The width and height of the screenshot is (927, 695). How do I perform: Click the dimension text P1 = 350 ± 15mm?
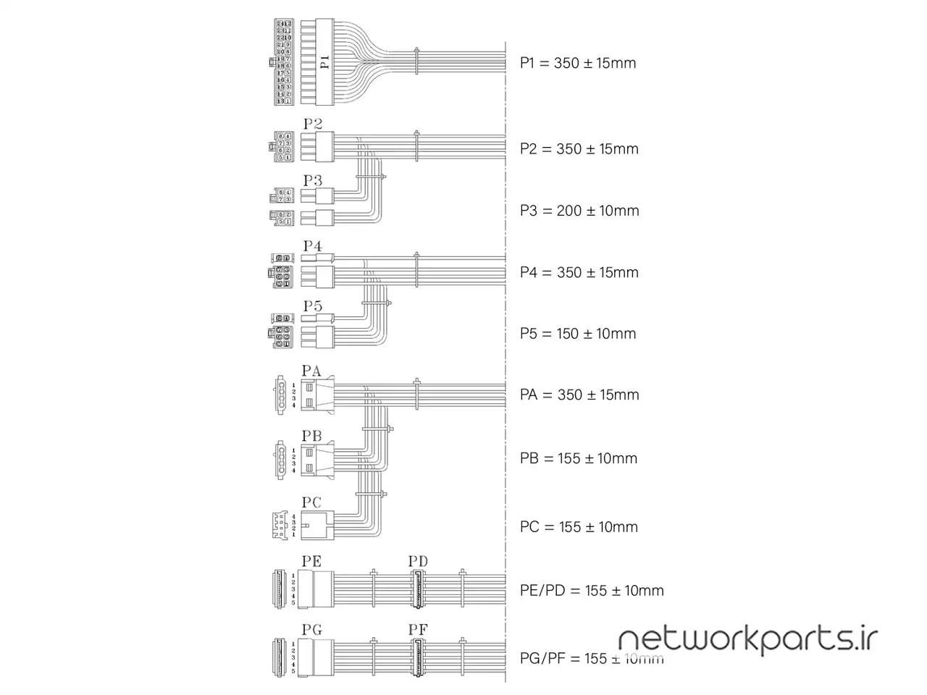(x=578, y=63)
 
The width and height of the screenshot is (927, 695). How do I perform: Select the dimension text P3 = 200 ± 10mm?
(x=579, y=211)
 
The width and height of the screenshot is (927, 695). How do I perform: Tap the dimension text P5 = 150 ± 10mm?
(x=578, y=334)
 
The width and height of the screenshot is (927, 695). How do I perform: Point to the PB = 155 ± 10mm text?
(x=579, y=458)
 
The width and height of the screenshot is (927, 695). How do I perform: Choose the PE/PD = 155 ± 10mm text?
(x=592, y=591)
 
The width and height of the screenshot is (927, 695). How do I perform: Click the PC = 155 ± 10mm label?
(x=579, y=527)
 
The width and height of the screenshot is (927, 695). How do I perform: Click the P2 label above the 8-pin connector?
(x=312, y=124)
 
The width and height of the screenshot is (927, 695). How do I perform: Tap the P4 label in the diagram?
(x=312, y=246)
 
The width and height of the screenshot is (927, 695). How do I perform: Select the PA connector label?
(x=311, y=371)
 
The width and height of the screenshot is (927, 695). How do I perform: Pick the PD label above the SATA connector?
(x=418, y=561)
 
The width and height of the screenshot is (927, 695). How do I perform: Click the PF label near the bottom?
(x=418, y=630)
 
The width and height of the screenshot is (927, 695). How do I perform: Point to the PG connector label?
(x=311, y=630)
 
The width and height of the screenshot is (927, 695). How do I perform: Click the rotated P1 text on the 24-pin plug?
(x=325, y=62)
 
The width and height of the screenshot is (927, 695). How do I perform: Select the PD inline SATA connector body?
(x=419, y=589)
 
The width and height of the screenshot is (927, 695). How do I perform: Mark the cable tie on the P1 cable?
(x=416, y=62)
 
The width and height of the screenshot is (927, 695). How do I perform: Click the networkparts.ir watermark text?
(x=748, y=639)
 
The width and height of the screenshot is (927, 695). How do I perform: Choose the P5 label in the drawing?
(x=312, y=306)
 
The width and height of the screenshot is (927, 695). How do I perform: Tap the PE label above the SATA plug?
(x=311, y=561)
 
